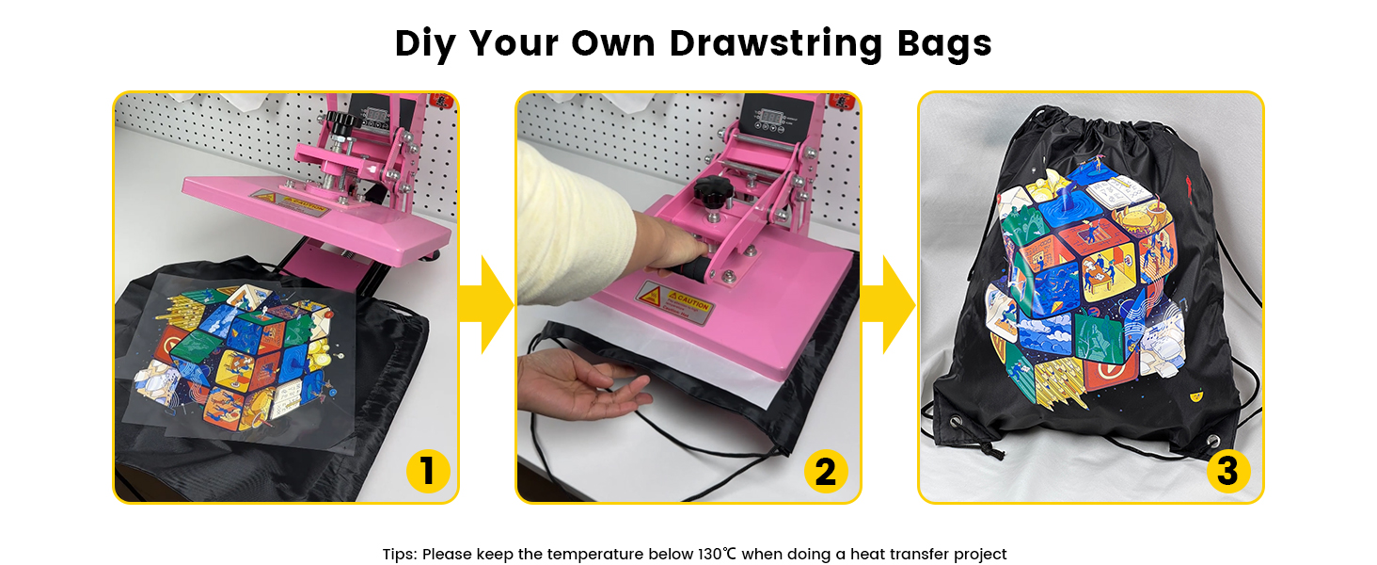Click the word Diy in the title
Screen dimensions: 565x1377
[x=425, y=43]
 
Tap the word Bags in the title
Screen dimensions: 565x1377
[x=943, y=43]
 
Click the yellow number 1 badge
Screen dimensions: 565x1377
[x=428, y=471]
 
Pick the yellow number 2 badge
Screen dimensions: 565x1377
[x=825, y=471]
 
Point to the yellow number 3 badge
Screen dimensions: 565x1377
[x=1227, y=471]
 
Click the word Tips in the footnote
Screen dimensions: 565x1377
[x=400, y=554]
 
